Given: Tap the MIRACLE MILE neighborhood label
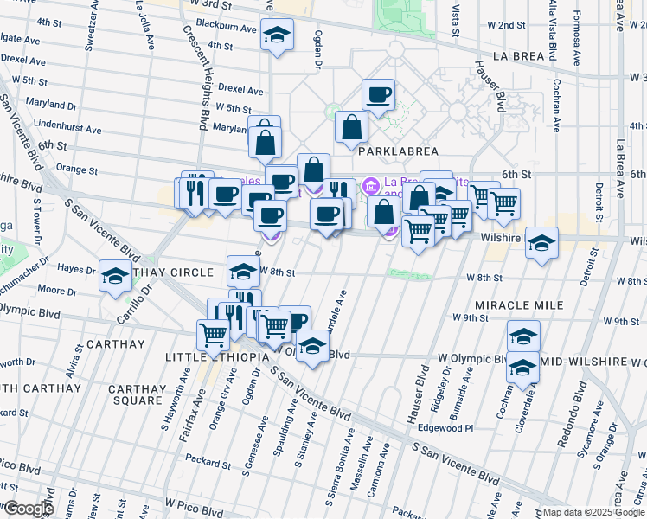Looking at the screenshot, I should pyautogui.click(x=519, y=305).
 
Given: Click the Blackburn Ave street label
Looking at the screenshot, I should pyautogui.click(x=227, y=28).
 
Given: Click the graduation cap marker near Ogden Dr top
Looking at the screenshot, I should pyautogui.click(x=277, y=35).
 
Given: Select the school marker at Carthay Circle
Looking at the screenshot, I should pyautogui.click(x=115, y=276).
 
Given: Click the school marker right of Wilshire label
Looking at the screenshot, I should pyautogui.click(x=542, y=242).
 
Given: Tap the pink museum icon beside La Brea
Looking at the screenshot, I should pyautogui.click(x=372, y=184).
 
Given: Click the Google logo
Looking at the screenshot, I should pyautogui.click(x=28, y=508).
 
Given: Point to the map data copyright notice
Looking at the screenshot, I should pyautogui.click(x=593, y=512).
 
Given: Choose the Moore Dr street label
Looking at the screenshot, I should pyautogui.click(x=53, y=290).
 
